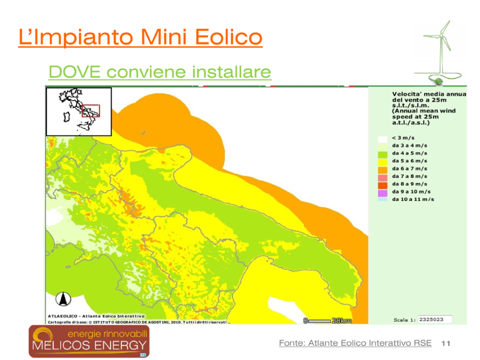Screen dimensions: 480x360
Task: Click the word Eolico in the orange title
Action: pos(229,37)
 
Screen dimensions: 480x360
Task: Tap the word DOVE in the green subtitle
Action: pos(75,72)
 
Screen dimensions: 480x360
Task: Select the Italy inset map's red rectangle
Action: pos(91,111)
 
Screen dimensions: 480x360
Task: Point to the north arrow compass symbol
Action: pos(63,299)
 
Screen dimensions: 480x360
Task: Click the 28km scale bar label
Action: pos(342,321)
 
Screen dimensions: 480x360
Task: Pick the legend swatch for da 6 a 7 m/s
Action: pos(383,170)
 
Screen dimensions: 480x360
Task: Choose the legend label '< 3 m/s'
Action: pos(403,138)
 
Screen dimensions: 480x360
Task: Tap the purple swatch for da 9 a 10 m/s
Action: pos(383,193)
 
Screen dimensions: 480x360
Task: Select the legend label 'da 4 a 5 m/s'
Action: pos(409,153)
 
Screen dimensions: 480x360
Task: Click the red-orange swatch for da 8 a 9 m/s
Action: pos(383,185)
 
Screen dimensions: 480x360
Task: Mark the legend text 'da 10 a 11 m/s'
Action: pos(413,199)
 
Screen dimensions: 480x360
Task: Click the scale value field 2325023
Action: pos(435,319)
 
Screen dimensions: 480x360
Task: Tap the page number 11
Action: pos(446,344)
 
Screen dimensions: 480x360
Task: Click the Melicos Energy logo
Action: pos(89,341)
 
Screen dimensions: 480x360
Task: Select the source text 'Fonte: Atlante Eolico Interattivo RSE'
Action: pos(355,343)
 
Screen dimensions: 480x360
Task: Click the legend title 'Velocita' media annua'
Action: pos(429,94)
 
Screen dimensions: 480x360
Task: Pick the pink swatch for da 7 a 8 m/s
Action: pos(383,178)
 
